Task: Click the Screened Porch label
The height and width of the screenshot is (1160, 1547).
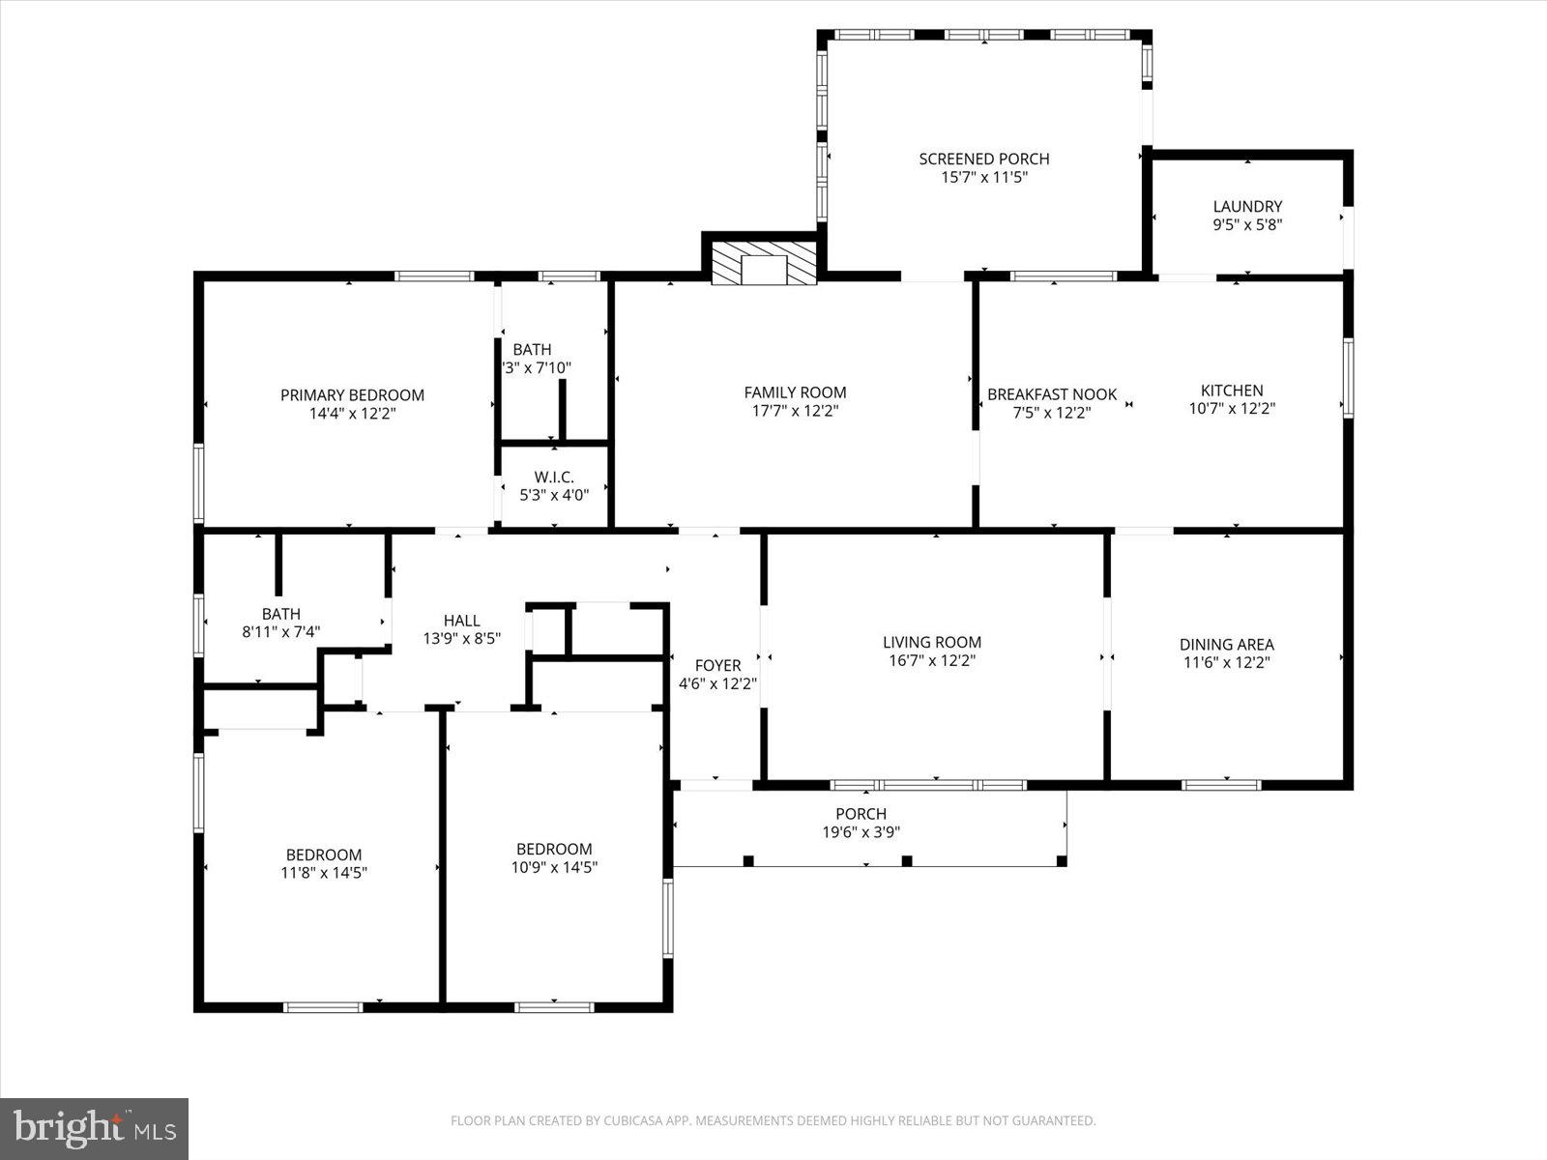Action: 983,159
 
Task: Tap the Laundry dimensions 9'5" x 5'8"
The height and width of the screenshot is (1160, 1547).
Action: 1247,224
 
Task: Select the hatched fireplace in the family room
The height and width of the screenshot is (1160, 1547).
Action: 764,262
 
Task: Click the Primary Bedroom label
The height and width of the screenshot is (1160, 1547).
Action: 352,394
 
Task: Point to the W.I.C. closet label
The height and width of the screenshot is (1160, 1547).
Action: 554,477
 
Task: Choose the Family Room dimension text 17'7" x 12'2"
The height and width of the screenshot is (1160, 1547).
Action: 795,411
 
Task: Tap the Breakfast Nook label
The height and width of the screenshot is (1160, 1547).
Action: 1052,394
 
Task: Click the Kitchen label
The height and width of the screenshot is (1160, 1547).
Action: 1232,391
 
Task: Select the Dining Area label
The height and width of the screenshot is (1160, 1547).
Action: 1226,644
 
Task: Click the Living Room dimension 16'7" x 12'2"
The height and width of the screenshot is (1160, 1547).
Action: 932,661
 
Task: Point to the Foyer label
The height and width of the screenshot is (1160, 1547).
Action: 717,665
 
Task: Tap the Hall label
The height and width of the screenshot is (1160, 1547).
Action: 461,621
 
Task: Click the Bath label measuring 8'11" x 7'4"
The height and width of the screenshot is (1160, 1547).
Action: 280,614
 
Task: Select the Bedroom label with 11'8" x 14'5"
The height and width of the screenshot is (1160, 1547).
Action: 324,855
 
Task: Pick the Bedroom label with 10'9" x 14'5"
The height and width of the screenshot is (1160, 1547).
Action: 554,849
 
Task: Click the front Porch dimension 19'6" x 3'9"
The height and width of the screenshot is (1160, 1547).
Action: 861,832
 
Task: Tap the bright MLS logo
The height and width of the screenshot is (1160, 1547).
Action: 94,1128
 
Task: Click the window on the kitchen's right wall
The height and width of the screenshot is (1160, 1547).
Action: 1347,378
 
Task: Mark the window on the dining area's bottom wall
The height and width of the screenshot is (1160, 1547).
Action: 1221,785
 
